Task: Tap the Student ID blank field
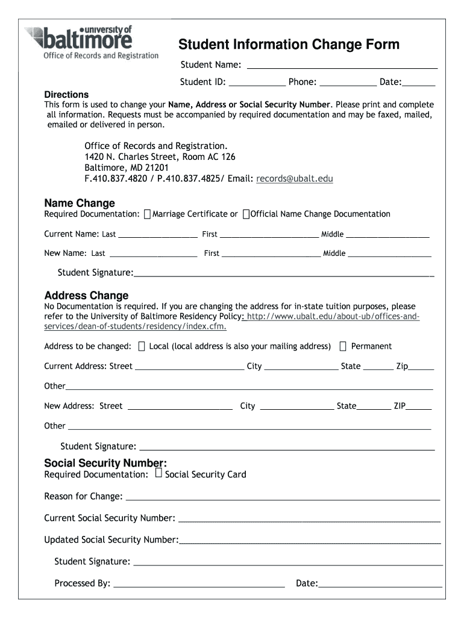[257, 83]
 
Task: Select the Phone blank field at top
[348, 83]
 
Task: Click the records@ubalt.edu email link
[295, 179]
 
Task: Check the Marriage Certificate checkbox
[148, 214]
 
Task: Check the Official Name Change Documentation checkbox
[246, 214]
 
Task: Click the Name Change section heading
[80, 203]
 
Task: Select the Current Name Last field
[158, 235]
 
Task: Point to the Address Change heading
[86, 295]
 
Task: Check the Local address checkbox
[142, 346]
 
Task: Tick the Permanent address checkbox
[343, 346]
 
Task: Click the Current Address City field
[301, 367]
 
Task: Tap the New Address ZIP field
[419, 407]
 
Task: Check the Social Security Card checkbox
[158, 474]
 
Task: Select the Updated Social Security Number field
[310, 540]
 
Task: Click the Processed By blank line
[199, 584]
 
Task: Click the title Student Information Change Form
[289, 45]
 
